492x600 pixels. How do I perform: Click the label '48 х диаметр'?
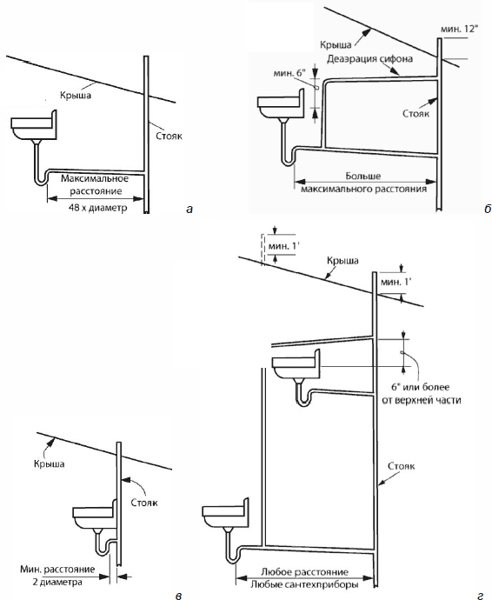97,208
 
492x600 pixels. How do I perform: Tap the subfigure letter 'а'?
189,210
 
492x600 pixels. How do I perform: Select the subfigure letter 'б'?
487,209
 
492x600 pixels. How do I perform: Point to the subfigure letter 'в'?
178,596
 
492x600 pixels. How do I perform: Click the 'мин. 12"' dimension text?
459,29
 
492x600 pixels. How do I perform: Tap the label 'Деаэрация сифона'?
370,59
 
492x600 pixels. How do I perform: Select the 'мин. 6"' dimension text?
289,72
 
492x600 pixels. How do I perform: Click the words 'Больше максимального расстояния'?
364,183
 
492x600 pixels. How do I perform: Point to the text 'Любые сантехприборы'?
304,584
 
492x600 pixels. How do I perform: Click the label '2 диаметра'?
57,582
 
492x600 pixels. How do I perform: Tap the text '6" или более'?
420,387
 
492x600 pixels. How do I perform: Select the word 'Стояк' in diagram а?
170,136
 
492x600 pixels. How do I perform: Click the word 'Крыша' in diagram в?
49,464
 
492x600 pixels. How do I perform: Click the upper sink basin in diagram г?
296,364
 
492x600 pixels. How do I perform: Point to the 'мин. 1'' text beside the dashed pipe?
283,246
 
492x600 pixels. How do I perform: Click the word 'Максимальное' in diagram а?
95,179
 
